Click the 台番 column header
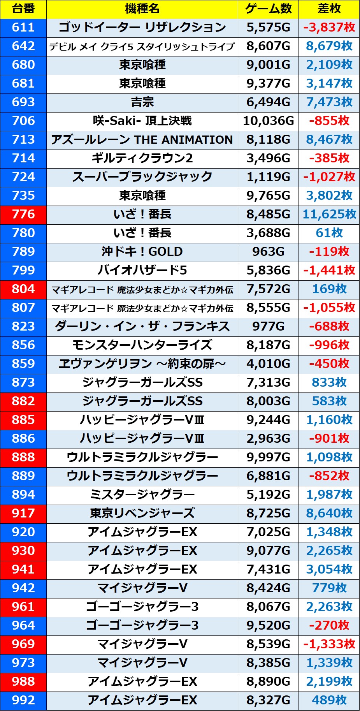click(x=23, y=9)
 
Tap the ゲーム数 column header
click(x=268, y=9)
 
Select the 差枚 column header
click(x=329, y=9)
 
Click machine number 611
click(x=23, y=27)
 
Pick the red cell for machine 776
click(x=23, y=214)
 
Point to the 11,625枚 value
click(x=329, y=214)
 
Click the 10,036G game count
click(x=268, y=121)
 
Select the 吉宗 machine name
click(x=142, y=102)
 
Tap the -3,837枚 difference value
click(x=329, y=27)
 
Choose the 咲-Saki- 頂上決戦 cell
click(x=142, y=121)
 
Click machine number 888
click(x=23, y=457)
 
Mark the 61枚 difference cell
click(x=329, y=233)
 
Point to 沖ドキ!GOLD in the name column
click(x=142, y=252)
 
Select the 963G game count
click(x=268, y=252)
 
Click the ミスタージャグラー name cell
click(x=142, y=495)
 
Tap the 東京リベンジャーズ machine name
click(x=142, y=513)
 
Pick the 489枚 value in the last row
click(x=329, y=700)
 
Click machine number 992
click(x=23, y=700)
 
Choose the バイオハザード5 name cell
click(x=142, y=270)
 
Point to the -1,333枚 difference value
click(x=329, y=644)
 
